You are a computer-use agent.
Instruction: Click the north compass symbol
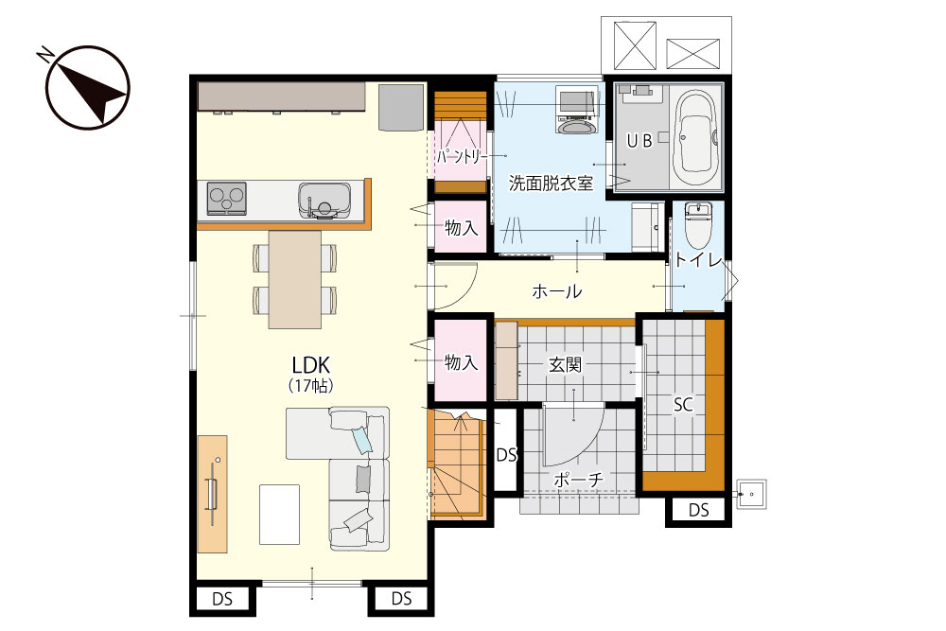(88, 87)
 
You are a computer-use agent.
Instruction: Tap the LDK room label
(310, 365)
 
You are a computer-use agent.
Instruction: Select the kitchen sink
(324, 200)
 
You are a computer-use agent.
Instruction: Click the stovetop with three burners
(226, 198)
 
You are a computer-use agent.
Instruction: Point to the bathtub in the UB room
(697, 136)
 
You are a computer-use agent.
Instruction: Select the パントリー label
(462, 157)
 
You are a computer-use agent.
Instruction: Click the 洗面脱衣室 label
(551, 183)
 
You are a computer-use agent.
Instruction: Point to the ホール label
(556, 292)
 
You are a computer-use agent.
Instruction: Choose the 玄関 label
(565, 364)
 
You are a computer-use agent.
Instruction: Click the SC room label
(683, 405)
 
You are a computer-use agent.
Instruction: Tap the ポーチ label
(578, 481)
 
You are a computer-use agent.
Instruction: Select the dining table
(294, 280)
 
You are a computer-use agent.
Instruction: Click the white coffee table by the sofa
(279, 515)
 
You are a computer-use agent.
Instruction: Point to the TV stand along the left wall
(212, 494)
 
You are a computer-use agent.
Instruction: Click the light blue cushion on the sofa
(362, 440)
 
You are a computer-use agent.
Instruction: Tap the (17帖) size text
(310, 385)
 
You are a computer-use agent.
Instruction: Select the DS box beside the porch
(506, 455)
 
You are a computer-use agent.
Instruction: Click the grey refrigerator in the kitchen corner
(401, 107)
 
